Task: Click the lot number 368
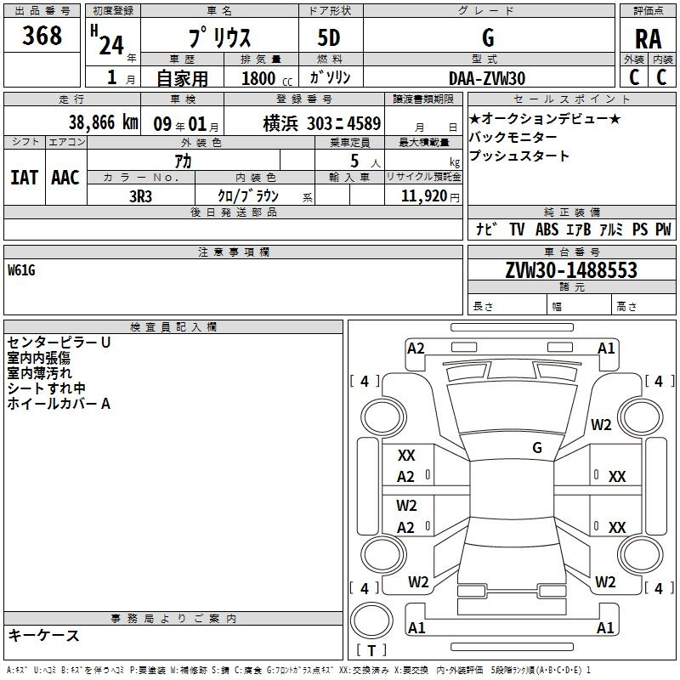42,35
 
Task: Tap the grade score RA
648,39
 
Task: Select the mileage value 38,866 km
103,122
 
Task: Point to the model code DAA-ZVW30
487,78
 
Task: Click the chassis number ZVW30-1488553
571,270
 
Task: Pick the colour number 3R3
140,196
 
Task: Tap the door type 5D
329,37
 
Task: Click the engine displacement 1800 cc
267,78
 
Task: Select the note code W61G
21,270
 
